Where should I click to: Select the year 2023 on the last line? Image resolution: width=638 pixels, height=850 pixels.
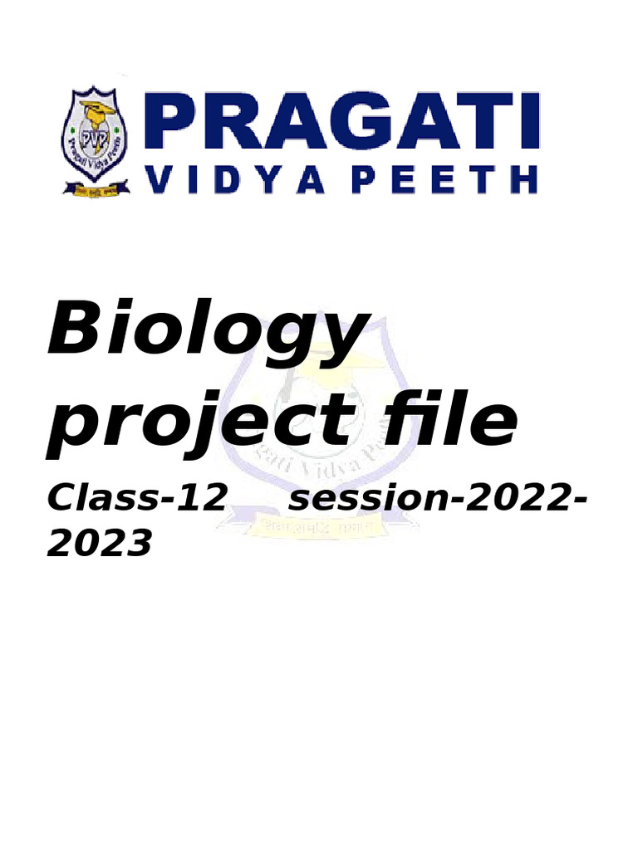click(101, 545)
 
